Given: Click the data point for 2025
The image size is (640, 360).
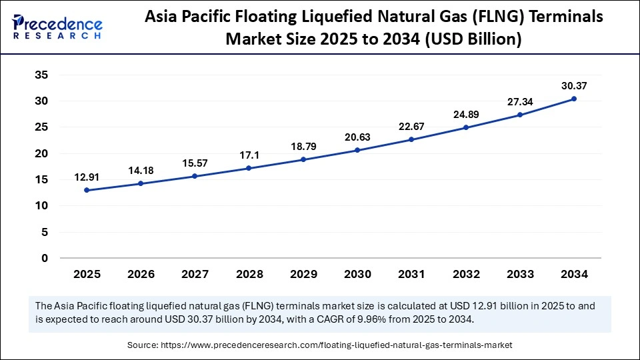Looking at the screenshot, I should point(87,190).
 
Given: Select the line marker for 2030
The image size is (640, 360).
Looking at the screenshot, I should point(357,150).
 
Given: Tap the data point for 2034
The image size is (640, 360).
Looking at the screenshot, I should point(574,99).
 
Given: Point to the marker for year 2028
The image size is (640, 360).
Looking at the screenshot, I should point(249,168).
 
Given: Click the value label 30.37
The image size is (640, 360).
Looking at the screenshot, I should point(574,85).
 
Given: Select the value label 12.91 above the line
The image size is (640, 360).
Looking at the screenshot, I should point(87,177).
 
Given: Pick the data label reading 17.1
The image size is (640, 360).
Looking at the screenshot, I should point(249,155).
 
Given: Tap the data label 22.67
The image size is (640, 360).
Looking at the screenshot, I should point(411,127).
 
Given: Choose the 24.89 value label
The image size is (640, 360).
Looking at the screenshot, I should point(465,115).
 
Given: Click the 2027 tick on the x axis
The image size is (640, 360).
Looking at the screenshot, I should point(195,274).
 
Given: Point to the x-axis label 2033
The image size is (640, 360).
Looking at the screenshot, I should point(520,274).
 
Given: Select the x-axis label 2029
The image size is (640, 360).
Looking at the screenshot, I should point(303,274).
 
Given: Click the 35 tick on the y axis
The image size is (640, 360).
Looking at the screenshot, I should point(41,75).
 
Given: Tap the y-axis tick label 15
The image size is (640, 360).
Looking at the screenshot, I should point(41,179).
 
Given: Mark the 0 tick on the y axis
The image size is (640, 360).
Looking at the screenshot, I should point(45,258).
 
